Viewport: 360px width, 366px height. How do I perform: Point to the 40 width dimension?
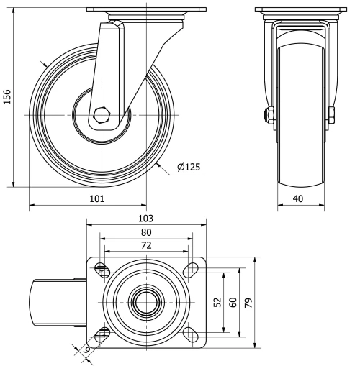[x=301, y=198]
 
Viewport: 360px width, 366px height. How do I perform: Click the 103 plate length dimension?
[x=146, y=218]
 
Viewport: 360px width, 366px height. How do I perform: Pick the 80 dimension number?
[x=146, y=232]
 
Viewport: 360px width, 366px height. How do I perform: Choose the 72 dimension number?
[x=146, y=245]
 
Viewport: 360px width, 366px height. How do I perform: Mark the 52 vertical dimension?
[x=218, y=303]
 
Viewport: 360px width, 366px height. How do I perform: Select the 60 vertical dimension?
[x=233, y=303]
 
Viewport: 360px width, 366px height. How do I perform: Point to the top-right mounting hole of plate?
[x=190, y=270]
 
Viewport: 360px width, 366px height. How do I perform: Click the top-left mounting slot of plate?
[x=102, y=270]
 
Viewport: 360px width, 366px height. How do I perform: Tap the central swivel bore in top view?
[x=146, y=302]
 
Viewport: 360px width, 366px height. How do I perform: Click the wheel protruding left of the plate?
[x=58, y=302]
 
